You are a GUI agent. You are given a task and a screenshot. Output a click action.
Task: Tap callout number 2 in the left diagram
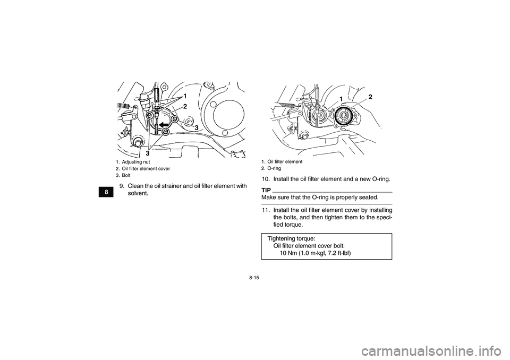(185, 107)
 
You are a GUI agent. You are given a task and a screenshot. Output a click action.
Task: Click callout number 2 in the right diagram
(370, 97)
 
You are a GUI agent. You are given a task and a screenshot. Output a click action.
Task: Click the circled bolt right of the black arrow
(175, 119)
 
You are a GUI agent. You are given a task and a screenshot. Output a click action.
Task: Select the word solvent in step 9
(138, 193)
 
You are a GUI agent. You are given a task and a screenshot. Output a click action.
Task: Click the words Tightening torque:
(291, 239)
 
